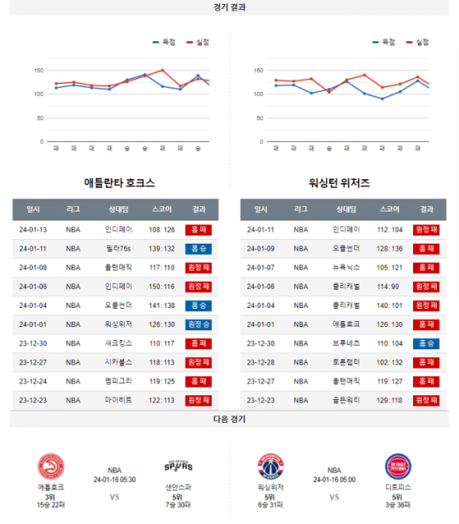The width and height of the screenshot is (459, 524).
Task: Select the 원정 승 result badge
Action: tap(199, 324)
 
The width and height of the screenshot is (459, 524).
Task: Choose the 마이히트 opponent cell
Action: tap(119, 400)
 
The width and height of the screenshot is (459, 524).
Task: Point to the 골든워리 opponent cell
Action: tap(347, 400)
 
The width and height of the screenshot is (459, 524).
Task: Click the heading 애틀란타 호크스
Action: tap(119, 183)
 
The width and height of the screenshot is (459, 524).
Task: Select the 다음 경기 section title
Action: tap(229, 419)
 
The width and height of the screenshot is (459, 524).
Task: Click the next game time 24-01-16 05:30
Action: tap(114, 480)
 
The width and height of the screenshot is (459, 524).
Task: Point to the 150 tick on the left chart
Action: tap(37, 70)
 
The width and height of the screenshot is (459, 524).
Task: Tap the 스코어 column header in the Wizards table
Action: tap(389, 209)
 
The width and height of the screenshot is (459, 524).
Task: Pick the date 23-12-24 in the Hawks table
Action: tap(33, 381)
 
